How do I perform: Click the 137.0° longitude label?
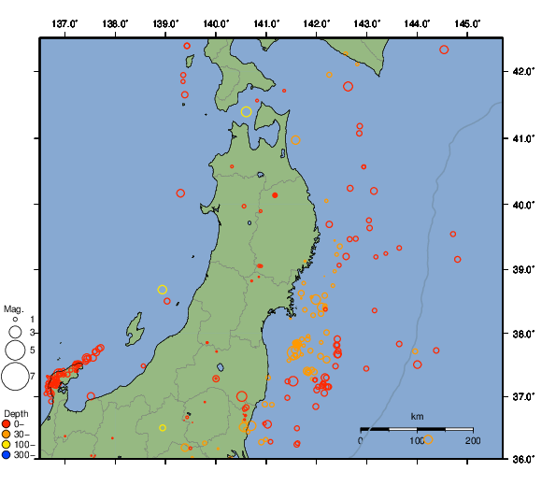point(64,22)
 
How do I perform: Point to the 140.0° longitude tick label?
point(216,22)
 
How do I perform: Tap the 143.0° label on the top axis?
point(367,22)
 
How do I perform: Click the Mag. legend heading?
point(13,308)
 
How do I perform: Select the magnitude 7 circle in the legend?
point(14,377)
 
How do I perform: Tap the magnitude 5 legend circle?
point(14,350)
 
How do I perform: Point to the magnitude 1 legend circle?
point(14,320)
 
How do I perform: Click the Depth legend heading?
point(15,413)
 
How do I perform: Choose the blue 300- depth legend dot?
point(7,455)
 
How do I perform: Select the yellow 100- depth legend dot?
point(7,445)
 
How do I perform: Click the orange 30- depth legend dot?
point(7,435)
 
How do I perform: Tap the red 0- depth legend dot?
point(7,424)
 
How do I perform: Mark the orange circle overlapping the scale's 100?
point(428,439)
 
